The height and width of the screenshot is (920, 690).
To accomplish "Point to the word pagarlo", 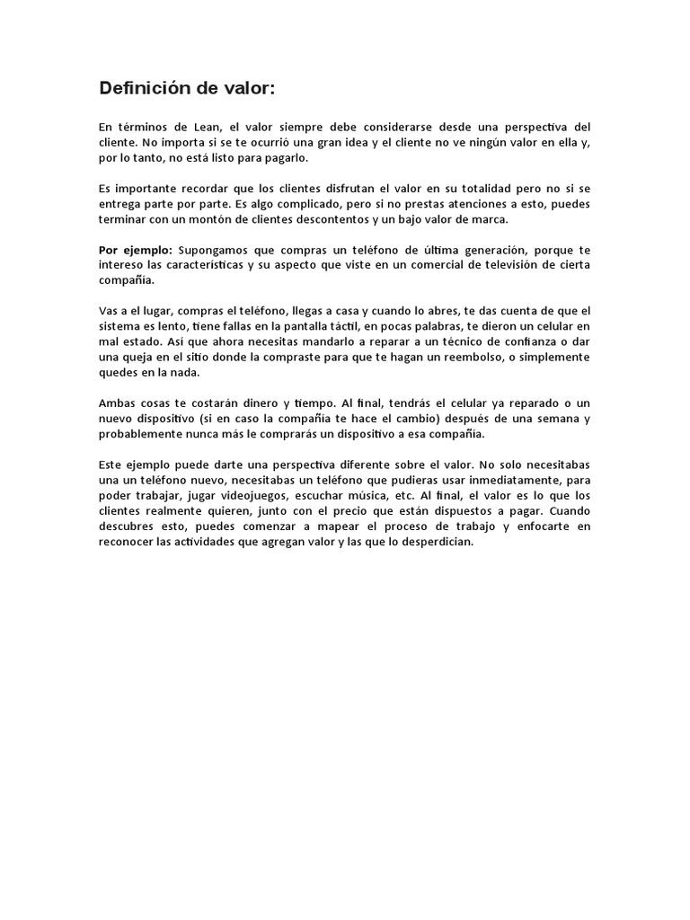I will (286, 157).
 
